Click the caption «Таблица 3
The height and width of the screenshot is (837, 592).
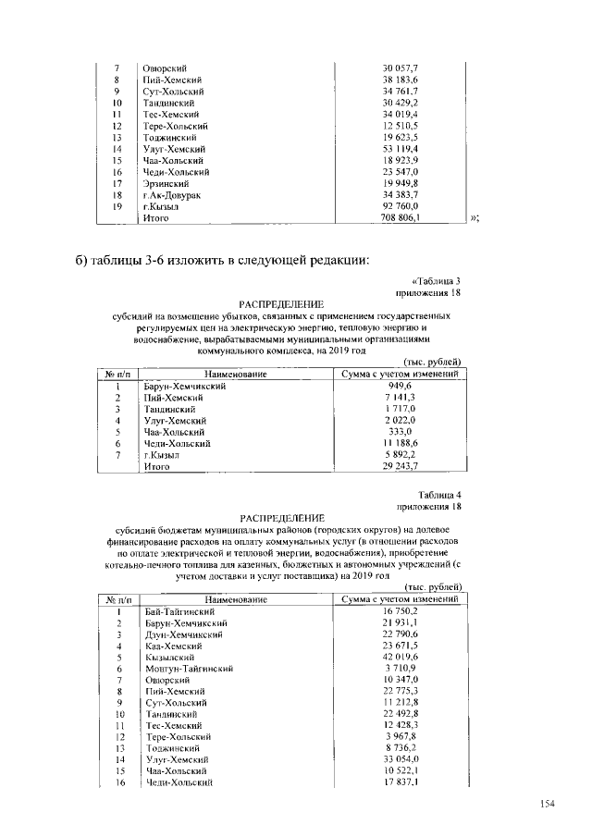point(434,280)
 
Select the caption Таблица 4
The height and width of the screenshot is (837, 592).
point(438,496)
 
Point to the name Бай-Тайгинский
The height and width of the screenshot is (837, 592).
point(180,612)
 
